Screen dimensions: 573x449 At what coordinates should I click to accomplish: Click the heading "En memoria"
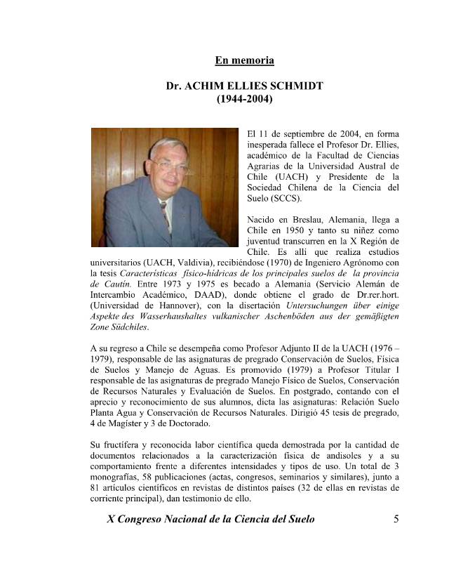pyautogui.click(x=244, y=60)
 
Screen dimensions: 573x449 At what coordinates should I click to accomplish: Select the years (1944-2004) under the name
pyautogui.click(x=244, y=100)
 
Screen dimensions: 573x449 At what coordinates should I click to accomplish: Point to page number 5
pyautogui.click(x=396, y=519)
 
